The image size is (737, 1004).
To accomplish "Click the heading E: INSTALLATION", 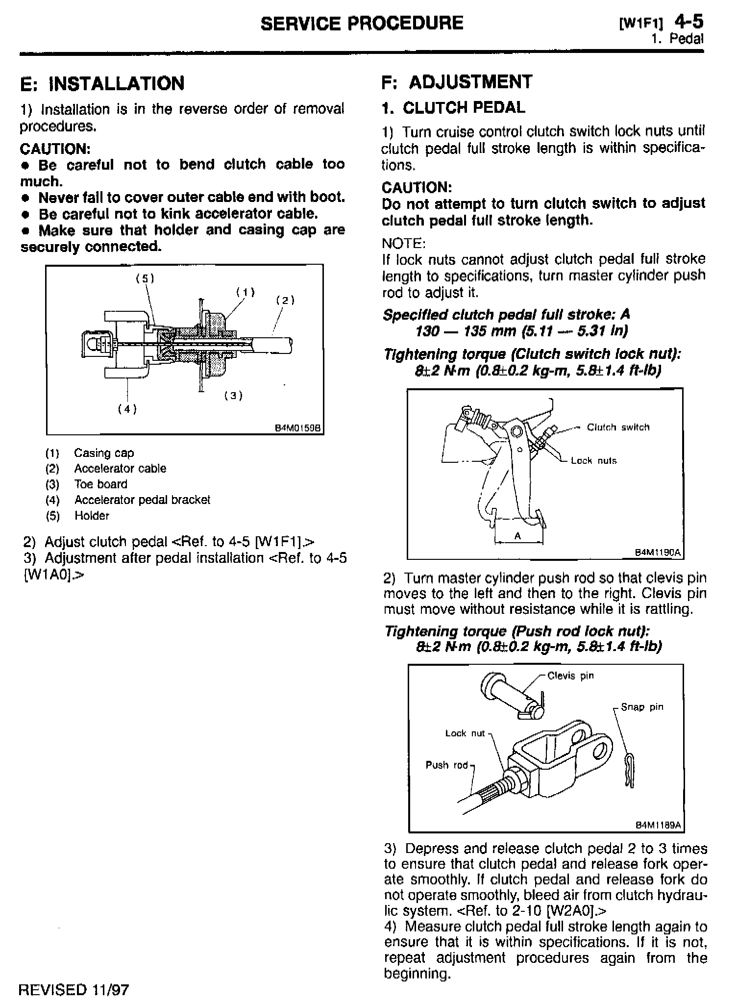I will point(102,83).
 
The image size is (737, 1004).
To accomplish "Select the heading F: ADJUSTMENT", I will point(456,82).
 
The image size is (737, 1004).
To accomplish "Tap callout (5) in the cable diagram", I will point(145,279).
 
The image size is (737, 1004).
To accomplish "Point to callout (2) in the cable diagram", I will point(285,300).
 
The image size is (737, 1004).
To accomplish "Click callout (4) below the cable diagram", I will point(127,409).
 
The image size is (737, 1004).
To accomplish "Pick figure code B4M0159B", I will point(297,427).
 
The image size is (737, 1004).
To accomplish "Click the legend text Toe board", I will point(100,484).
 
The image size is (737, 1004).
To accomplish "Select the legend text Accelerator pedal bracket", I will point(142,500).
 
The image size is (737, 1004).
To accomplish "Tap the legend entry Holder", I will point(92,516).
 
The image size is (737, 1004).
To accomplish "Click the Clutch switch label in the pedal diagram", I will point(618,427).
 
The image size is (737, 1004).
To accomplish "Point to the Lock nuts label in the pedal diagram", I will point(593,461).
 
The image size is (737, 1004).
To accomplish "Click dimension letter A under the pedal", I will point(517,536).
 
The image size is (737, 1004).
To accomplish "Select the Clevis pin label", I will point(570,676).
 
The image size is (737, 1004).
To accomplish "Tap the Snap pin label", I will point(642,707).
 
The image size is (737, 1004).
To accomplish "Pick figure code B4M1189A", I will point(658,825).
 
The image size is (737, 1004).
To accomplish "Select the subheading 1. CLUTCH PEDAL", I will point(453,108).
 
